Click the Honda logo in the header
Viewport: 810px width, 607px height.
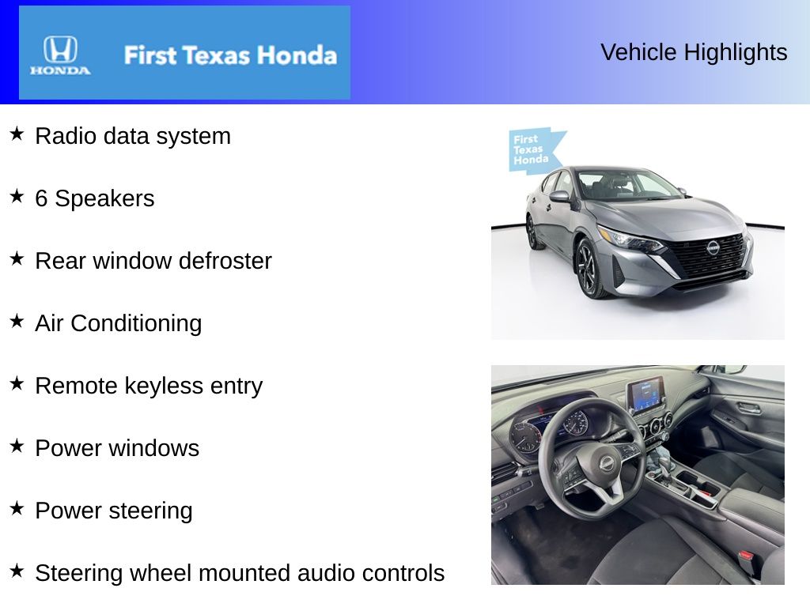pyautogui.click(x=60, y=55)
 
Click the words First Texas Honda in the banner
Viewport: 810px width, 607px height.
pyautogui.click(x=229, y=55)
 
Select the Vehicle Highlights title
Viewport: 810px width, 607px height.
pyautogui.click(x=694, y=52)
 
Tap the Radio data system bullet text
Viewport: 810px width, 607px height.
pyautogui.click(x=133, y=136)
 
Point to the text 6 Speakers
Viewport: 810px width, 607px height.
pyautogui.click(x=95, y=198)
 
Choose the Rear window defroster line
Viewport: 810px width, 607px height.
pyautogui.click(x=153, y=261)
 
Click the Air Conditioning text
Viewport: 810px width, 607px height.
pyautogui.click(x=119, y=323)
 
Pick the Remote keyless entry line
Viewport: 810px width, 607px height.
pyautogui.click(x=149, y=386)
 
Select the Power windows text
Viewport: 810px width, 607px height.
pyautogui.click(x=117, y=448)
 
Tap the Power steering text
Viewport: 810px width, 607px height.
pyautogui.click(x=114, y=511)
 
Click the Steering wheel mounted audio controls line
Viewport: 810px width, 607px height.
pyautogui.click(x=240, y=573)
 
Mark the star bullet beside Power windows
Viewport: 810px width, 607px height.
pyautogui.click(x=17, y=446)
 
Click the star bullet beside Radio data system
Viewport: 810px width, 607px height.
pyautogui.click(x=17, y=134)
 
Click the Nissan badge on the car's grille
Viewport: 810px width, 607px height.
pyautogui.click(x=713, y=247)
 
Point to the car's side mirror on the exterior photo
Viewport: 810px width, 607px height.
pyautogui.click(x=560, y=196)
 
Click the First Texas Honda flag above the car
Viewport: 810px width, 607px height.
pyautogui.click(x=534, y=149)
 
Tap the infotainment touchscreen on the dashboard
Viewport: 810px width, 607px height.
pyautogui.click(x=645, y=394)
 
